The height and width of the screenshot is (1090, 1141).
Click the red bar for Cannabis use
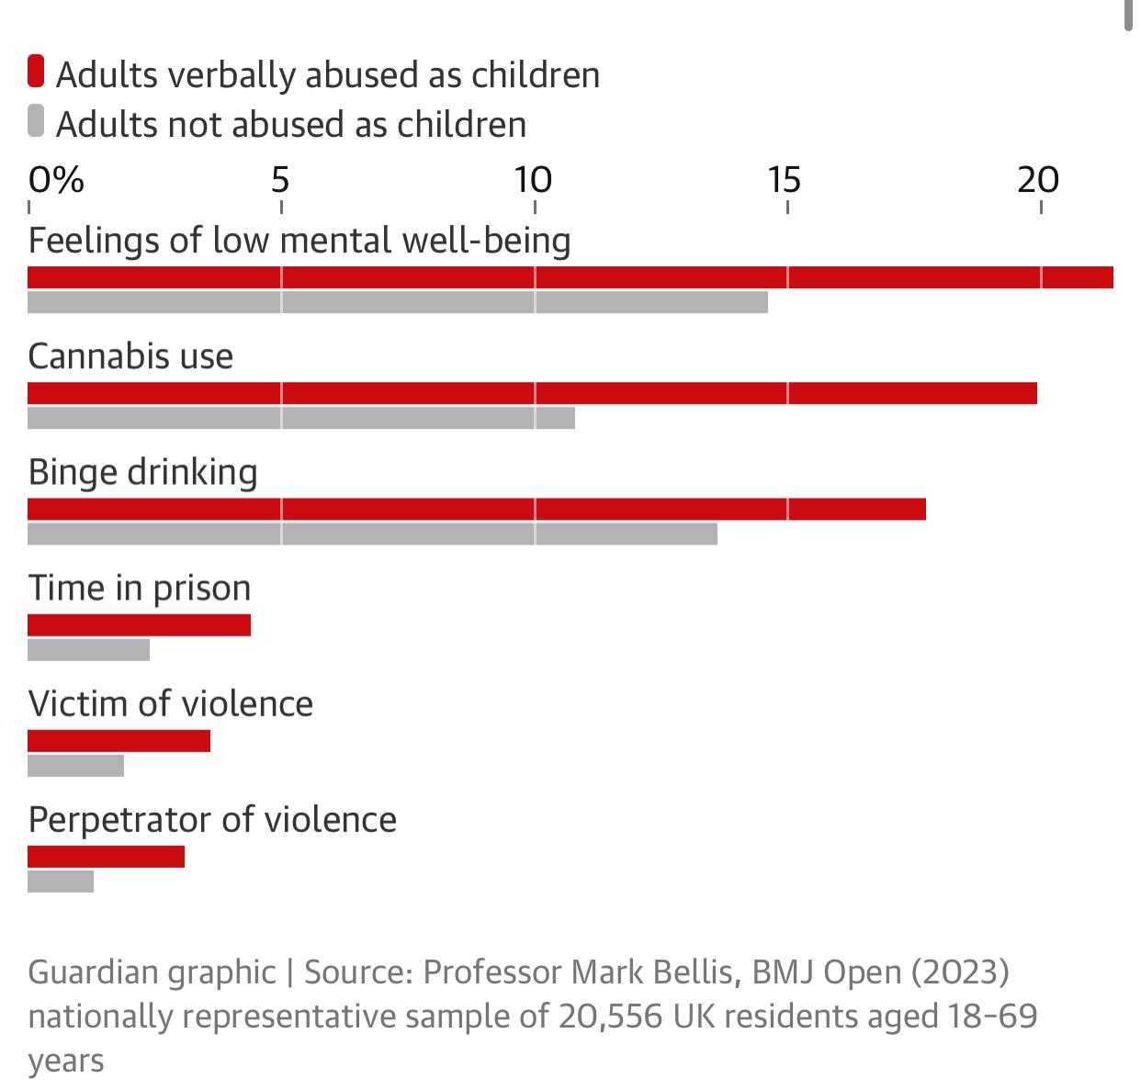pos(532,393)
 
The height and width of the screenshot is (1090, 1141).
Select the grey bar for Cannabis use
pos(301,418)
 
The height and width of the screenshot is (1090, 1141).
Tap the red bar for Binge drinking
pos(477,509)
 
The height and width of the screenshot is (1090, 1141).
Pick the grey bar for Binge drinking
pos(372,534)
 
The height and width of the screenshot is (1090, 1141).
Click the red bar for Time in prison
pos(139,625)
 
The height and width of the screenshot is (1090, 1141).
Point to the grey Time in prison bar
pos(88,650)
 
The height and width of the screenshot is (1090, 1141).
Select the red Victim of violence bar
pos(119,741)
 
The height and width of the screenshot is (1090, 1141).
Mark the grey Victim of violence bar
pos(75,766)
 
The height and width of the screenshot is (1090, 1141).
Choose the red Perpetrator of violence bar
pos(106,857)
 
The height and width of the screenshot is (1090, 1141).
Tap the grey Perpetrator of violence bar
pos(61,882)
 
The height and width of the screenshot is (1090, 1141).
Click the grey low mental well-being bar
pos(398,302)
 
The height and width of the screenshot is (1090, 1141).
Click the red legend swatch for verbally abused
pos(36,72)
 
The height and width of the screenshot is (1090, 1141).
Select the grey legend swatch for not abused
pos(36,121)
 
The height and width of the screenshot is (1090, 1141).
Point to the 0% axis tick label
pos(55,180)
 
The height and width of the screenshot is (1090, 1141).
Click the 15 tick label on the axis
pos(785,180)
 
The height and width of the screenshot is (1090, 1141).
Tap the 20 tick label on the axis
pos(1038,180)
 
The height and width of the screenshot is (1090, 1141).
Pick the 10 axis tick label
pos(532,180)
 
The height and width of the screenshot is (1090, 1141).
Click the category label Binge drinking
pos(142,472)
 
